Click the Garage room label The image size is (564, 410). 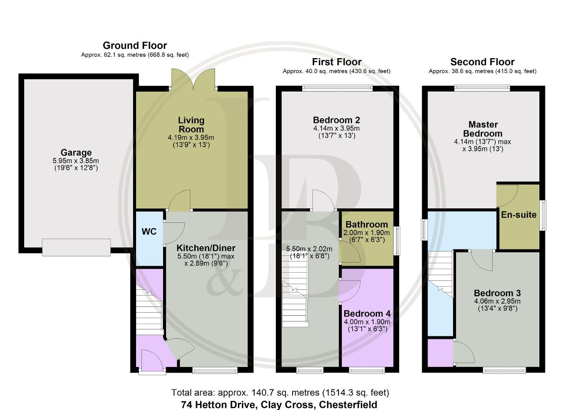coord(76,152)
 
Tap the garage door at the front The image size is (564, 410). coord(76,247)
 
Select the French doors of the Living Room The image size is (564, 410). coord(193,79)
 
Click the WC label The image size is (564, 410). coord(149,232)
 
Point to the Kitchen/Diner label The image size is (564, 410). coord(206,248)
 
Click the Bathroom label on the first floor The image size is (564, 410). coord(367,224)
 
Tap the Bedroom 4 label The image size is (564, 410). coord(367,314)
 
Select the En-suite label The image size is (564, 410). coord(519,215)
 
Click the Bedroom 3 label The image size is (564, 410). coord(497,293)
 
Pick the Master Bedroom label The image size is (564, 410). coord(483,129)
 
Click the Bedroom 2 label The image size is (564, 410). coord(336,120)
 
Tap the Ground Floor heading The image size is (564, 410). coord(135,45)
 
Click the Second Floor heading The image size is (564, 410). coord(482,62)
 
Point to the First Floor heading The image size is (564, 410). coord(337,62)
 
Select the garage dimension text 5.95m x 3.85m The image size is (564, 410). coord(76,161)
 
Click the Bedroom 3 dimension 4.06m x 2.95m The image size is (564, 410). coord(497,301)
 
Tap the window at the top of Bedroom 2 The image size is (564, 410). coord(337,88)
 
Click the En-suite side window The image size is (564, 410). coord(543,215)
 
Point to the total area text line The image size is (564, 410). coord(280,393)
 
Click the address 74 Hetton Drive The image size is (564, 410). coord(219,405)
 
